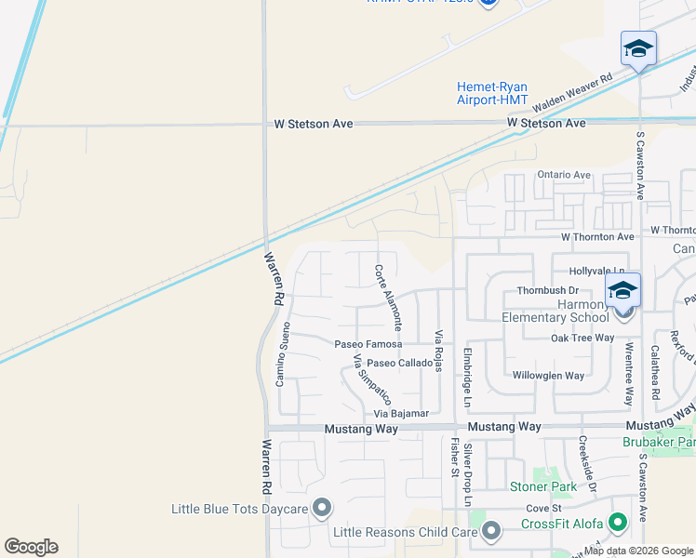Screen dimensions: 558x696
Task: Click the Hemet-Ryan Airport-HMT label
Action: [492, 93]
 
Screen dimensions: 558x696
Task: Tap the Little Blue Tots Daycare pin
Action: [322, 508]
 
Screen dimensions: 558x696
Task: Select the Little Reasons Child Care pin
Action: [491, 531]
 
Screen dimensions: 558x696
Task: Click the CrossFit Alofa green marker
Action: [615, 524]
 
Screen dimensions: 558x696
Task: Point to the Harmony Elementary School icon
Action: [622, 289]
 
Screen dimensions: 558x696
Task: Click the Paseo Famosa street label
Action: [368, 344]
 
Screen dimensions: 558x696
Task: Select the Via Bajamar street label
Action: [401, 413]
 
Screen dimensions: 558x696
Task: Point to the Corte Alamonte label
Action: [388, 299]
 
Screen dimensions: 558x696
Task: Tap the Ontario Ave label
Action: [564, 175]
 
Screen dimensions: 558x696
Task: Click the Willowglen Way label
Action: [548, 376]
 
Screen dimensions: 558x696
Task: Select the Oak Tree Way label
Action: [582, 339]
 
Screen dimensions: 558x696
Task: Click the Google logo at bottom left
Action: [32, 547]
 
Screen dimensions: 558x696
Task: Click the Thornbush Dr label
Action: [548, 291]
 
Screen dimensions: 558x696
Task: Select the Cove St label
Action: [543, 509]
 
